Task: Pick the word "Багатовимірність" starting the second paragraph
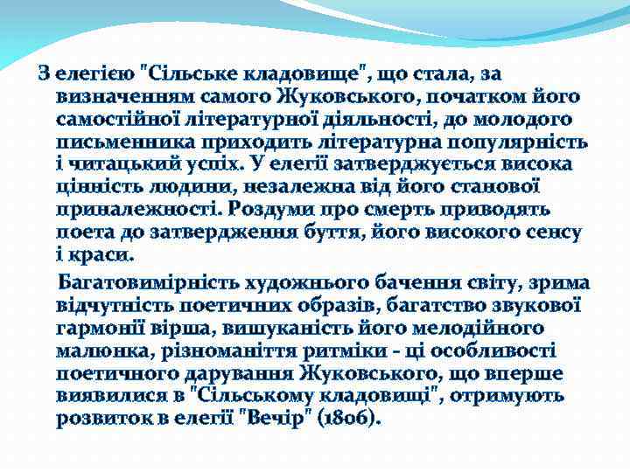pyautogui.click(x=149, y=282)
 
